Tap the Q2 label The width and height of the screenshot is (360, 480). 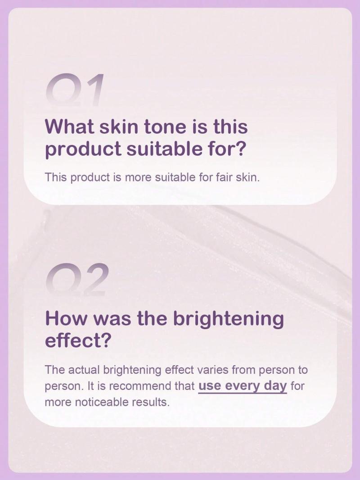(77, 279)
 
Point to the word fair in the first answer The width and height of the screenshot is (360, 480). (225, 177)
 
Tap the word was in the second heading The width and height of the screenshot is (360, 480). (111, 319)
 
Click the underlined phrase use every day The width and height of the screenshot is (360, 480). (243, 386)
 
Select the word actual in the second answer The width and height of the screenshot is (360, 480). (84, 370)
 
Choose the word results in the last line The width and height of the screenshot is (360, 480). (150, 402)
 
